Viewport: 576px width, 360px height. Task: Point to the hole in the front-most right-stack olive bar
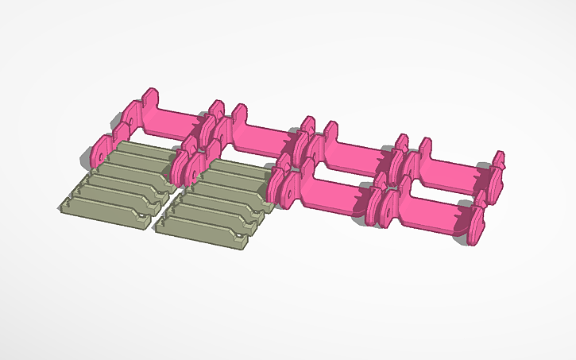pos(237,235)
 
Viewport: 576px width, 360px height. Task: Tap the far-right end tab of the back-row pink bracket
pos(499,163)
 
